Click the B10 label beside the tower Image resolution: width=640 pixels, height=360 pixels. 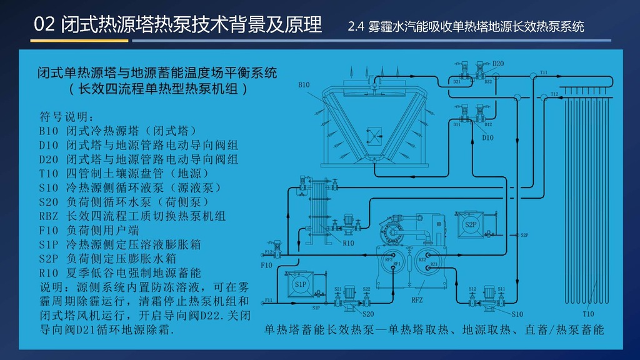(x=303, y=84)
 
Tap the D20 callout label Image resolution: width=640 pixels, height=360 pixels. (x=498, y=64)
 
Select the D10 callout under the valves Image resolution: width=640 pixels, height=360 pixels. (x=487, y=137)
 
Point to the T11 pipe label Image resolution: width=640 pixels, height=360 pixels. (x=544, y=72)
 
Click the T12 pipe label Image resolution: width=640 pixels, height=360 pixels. (x=554, y=94)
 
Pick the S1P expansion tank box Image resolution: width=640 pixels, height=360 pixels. (x=301, y=285)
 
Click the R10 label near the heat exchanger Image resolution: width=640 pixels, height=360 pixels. (x=348, y=242)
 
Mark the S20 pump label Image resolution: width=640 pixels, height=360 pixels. (x=368, y=314)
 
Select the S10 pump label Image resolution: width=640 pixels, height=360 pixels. (x=517, y=314)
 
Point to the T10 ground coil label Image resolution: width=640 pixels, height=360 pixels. (x=588, y=314)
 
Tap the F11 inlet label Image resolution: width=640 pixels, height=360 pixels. (x=269, y=301)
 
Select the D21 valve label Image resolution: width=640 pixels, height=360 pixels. (x=457, y=82)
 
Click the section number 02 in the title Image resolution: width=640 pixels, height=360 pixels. (x=46, y=24)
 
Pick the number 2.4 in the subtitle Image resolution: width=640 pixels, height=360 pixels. (x=356, y=27)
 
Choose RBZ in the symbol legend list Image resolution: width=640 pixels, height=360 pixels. (x=49, y=216)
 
